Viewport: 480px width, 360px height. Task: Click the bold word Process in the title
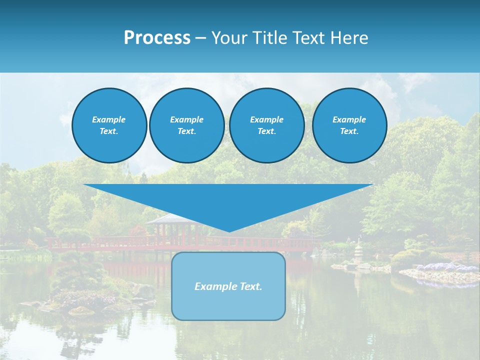tap(157, 38)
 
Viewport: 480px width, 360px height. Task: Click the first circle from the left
tap(109, 125)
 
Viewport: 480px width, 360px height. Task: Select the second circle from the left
tap(186, 125)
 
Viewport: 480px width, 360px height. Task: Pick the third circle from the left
tap(266, 125)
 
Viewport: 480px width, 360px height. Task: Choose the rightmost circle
tap(349, 125)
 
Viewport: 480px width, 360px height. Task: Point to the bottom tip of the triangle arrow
tap(228, 230)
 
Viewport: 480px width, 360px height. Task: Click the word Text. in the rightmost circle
tap(349, 131)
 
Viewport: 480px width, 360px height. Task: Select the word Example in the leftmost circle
tap(109, 119)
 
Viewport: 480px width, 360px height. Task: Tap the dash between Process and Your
tap(201, 38)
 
